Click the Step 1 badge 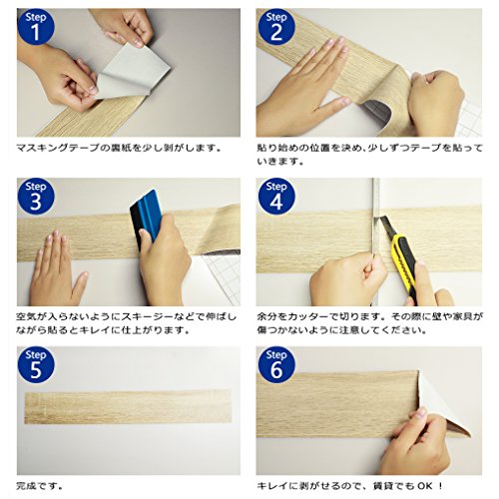click(x=36, y=27)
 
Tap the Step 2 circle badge click(x=276, y=27)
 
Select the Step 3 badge click(x=36, y=197)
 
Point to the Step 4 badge click(x=276, y=197)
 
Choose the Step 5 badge click(x=36, y=365)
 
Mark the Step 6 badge click(x=276, y=365)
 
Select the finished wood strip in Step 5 click(x=128, y=406)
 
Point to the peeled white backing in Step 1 click(x=133, y=73)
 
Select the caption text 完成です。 click(x=40, y=486)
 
